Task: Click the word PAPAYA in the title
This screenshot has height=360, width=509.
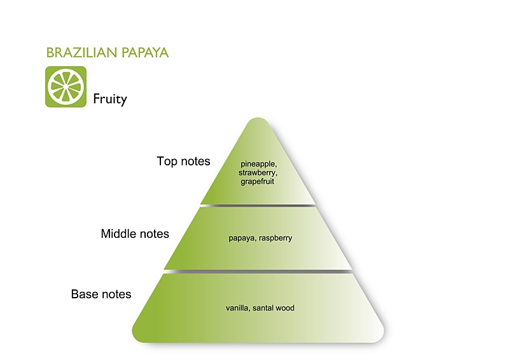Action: pyautogui.click(x=143, y=53)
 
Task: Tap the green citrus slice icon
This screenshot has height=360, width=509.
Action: pyautogui.click(x=66, y=87)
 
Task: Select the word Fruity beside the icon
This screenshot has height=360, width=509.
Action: pyautogui.click(x=110, y=99)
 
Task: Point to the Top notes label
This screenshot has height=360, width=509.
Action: pyautogui.click(x=183, y=162)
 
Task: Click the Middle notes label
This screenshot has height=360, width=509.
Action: pyautogui.click(x=135, y=234)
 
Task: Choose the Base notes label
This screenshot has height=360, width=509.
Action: pyautogui.click(x=101, y=294)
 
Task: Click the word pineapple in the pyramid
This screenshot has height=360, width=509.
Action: pyautogui.click(x=258, y=164)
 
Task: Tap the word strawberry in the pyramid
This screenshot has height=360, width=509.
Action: pyautogui.click(x=258, y=172)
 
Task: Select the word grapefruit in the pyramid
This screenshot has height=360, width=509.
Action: pyautogui.click(x=258, y=181)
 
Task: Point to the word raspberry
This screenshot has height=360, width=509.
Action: pyautogui.click(x=275, y=239)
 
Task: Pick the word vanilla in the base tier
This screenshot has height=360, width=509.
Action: pyautogui.click(x=237, y=308)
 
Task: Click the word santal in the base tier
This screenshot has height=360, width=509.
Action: pyautogui.click(x=263, y=308)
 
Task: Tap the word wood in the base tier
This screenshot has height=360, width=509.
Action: pyautogui.click(x=286, y=308)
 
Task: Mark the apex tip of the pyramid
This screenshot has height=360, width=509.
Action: pyautogui.click(x=258, y=120)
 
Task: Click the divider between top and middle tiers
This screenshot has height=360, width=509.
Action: pyautogui.click(x=258, y=205)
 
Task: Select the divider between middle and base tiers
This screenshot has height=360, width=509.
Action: pyautogui.click(x=258, y=272)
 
